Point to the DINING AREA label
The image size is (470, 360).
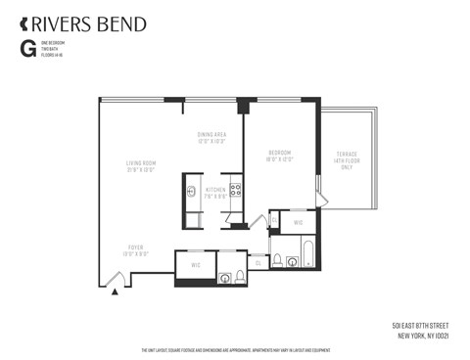212,136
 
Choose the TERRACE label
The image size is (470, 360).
347,157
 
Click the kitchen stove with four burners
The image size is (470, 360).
235,190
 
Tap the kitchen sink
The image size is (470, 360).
192,192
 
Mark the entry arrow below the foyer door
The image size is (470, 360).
117,290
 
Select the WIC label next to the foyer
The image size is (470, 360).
195,264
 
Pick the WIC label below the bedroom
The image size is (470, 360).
299,223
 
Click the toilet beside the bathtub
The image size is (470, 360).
277,260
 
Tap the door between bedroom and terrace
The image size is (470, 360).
317,189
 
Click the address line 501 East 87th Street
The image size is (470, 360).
427,324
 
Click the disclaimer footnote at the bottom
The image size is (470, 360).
235,350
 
